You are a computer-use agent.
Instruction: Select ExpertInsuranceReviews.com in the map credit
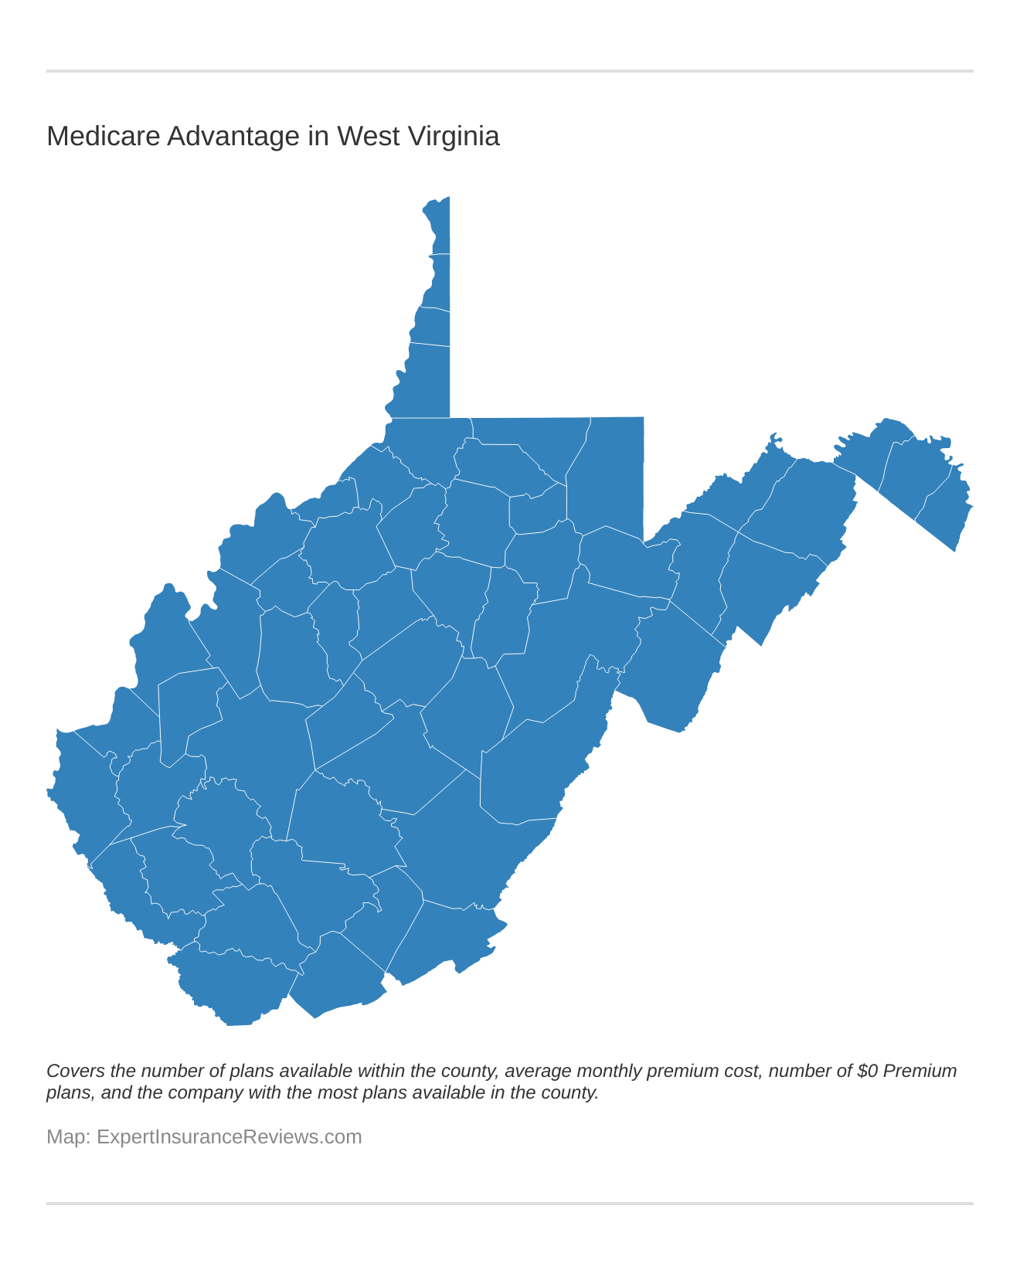[229, 1137]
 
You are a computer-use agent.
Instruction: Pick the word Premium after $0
[920, 1072]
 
